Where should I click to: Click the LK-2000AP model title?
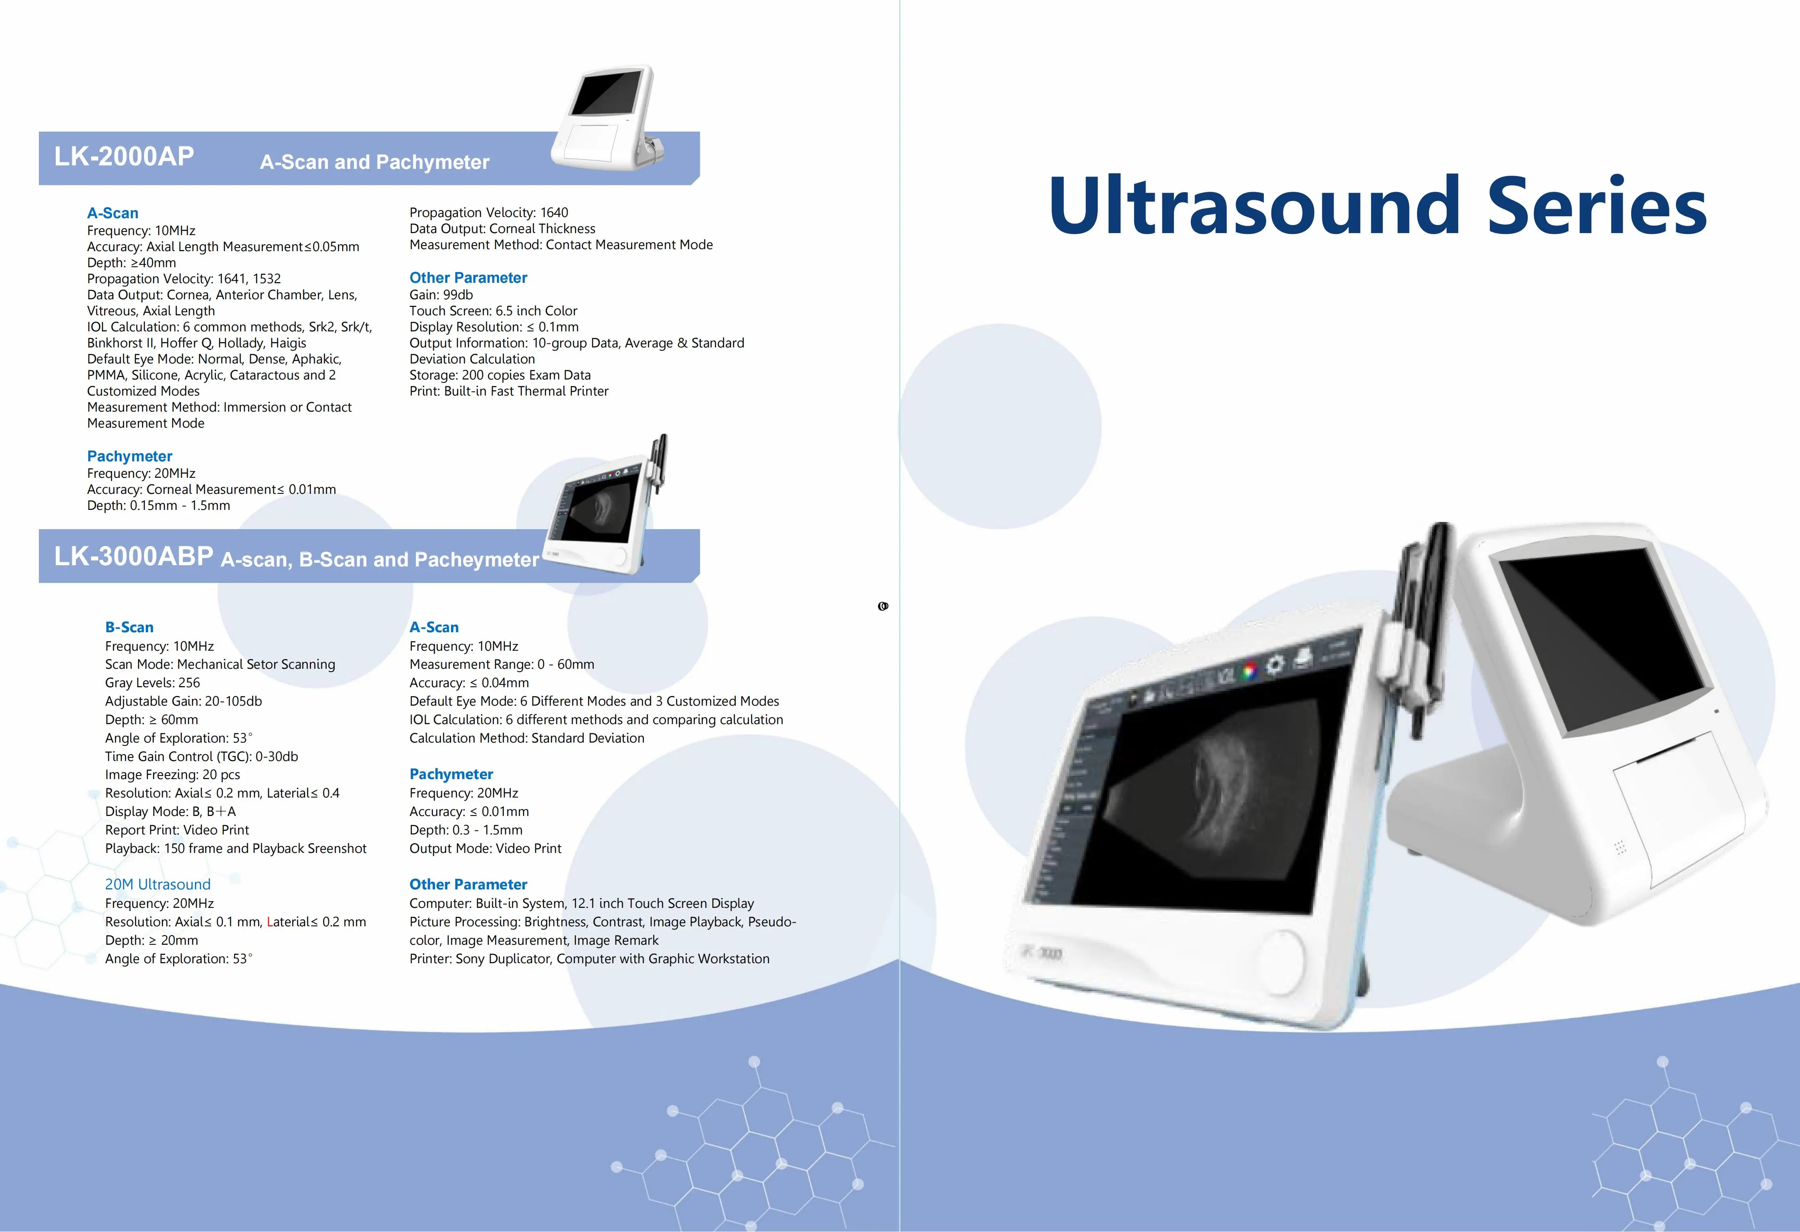click(x=124, y=156)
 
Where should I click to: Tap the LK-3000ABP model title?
click(x=133, y=556)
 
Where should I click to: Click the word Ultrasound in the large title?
click(x=1254, y=205)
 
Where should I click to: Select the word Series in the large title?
click(x=1597, y=205)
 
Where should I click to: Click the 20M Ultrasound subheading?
click(x=158, y=884)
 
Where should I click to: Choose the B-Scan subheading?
click(x=130, y=627)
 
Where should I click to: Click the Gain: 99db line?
click(x=442, y=294)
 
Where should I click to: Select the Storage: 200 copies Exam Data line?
click(x=501, y=375)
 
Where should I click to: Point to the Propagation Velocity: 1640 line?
click(x=489, y=212)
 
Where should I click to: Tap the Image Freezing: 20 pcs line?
click(x=173, y=775)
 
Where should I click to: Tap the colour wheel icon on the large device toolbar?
click(x=1249, y=671)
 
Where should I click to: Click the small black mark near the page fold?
click(x=883, y=606)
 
